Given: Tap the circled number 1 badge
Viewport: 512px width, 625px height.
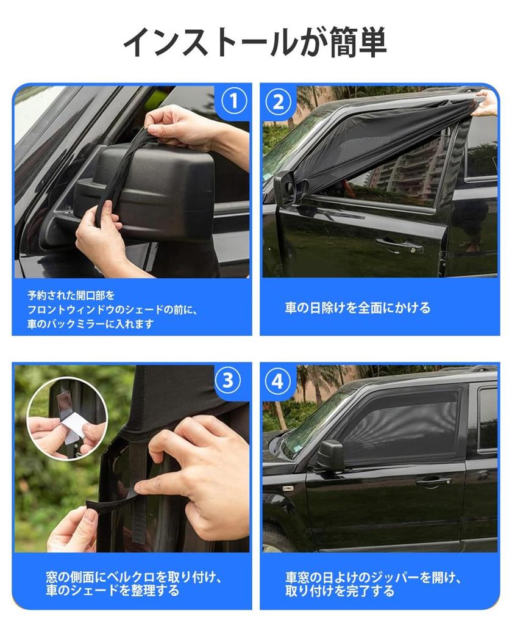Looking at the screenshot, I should (232, 101).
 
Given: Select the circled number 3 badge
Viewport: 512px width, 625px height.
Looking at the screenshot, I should (227, 381).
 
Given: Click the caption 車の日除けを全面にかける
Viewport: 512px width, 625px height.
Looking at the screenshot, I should (357, 308).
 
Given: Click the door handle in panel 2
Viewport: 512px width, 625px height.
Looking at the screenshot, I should (400, 244).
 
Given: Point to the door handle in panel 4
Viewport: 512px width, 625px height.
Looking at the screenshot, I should (434, 482).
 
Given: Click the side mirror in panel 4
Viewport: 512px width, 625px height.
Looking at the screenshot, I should (330, 455).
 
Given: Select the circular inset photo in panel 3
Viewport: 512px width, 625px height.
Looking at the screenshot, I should (67, 417).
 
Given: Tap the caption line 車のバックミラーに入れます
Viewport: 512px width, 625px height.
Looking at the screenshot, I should (90, 323).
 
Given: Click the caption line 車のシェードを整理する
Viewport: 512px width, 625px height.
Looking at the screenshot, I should (113, 591).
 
